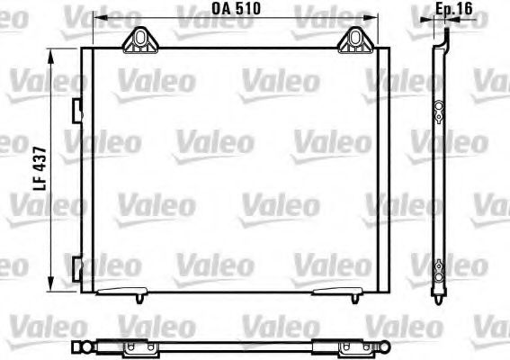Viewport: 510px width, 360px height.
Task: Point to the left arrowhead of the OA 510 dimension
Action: pos(98,19)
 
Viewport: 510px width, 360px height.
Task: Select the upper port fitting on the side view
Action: pos(438,110)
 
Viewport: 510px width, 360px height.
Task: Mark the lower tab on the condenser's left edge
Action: pos(78,265)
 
